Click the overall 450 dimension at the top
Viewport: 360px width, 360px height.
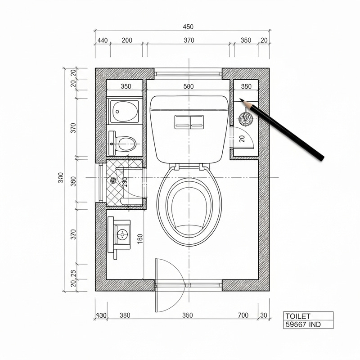point(188,27)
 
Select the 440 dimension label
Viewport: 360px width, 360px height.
point(102,40)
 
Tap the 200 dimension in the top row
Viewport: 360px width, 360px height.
point(127,40)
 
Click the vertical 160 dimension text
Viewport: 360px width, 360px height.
point(139,239)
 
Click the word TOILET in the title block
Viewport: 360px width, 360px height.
point(298,316)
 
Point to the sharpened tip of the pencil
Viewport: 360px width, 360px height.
point(241,100)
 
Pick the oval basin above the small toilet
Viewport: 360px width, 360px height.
point(124,111)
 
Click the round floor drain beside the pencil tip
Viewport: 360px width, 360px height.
point(245,119)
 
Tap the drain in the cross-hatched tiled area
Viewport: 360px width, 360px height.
point(113,181)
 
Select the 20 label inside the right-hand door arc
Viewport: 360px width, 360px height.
point(242,139)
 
